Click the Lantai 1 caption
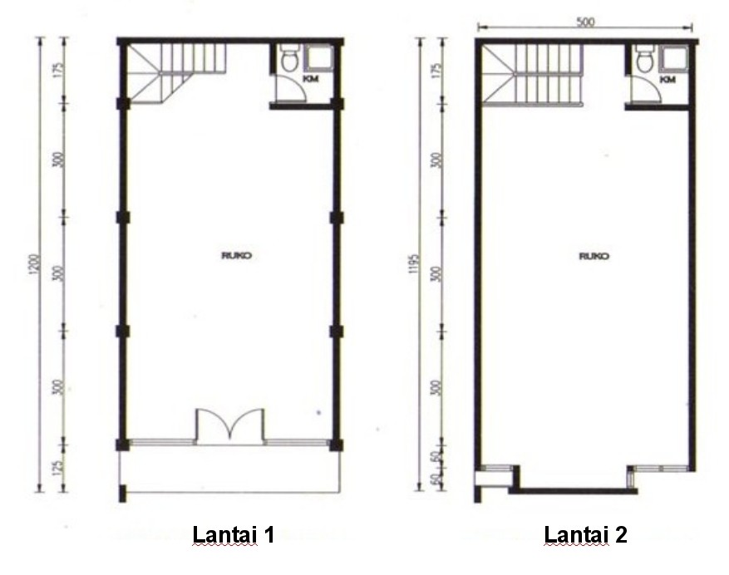[x=233, y=534]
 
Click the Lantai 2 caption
[x=585, y=534]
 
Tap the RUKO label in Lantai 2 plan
[x=594, y=256]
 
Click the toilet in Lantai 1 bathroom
[x=289, y=61]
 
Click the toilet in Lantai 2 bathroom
[x=644, y=60]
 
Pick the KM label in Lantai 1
[x=311, y=79]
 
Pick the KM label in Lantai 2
[x=667, y=79]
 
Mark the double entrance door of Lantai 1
[x=230, y=425]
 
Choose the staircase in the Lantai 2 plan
[x=532, y=75]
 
